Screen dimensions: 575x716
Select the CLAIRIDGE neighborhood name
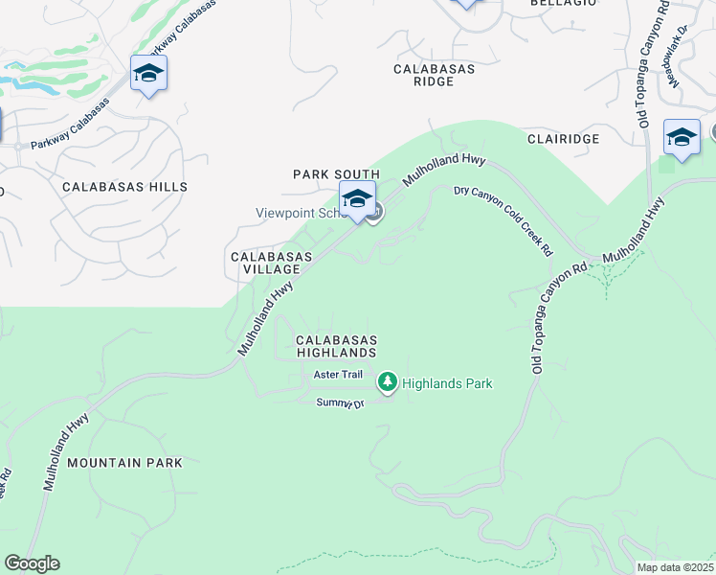tap(563, 139)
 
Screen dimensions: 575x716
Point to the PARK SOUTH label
tap(336, 174)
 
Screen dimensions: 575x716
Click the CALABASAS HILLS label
tap(124, 187)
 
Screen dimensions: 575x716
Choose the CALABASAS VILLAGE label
tap(271, 264)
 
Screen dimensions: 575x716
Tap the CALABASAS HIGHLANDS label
tap(336, 346)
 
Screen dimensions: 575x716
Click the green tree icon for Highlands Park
tap(387, 383)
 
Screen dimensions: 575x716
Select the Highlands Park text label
tap(447, 384)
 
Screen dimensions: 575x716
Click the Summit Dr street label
tap(341, 403)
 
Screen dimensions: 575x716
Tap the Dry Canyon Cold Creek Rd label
tap(503, 219)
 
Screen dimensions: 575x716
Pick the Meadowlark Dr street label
tap(680, 57)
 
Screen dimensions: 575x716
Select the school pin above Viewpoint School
tap(357, 199)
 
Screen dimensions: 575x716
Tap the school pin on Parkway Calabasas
tap(148, 74)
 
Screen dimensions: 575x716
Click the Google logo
tap(32, 563)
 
